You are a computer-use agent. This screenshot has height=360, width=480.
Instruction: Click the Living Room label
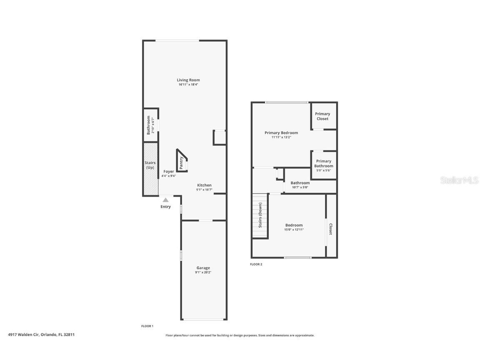[188, 80]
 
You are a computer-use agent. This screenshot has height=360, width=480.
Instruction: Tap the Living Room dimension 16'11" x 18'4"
[188, 85]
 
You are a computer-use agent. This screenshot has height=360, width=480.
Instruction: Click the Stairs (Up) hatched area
[150, 169]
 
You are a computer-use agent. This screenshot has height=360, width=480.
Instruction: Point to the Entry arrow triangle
[166, 200]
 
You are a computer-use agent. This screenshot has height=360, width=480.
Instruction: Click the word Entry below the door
[166, 207]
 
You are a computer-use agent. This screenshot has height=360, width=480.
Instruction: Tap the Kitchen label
[204, 185]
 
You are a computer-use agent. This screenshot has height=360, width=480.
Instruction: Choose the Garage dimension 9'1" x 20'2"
[203, 272]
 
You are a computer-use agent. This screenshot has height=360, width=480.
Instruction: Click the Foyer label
[169, 171]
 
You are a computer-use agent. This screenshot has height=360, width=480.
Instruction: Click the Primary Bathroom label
[323, 163]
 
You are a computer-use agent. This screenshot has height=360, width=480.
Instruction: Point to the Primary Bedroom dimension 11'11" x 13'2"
[281, 137]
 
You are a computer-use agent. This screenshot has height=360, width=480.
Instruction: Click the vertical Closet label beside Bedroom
[331, 229]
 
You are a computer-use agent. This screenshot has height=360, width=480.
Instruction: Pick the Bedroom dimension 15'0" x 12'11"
[294, 230]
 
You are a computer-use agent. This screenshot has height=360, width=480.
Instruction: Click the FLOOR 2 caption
[256, 264]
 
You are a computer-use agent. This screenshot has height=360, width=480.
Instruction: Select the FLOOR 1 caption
[147, 326]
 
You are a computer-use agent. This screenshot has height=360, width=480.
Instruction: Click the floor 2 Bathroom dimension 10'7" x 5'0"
[300, 187]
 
